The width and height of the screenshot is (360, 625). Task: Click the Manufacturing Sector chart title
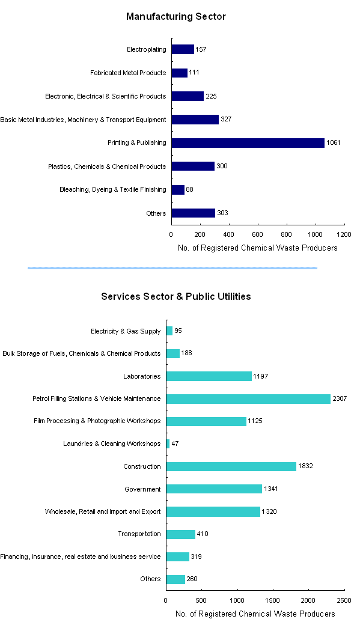pyautogui.click(x=175, y=17)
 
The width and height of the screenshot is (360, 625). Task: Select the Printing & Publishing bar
pyautogui.click(x=248, y=143)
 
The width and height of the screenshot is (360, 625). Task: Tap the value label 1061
pyautogui.click(x=333, y=143)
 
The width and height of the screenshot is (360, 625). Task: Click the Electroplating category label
pyautogui.click(x=146, y=49)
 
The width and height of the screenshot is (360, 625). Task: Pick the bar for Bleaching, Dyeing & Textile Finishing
pyautogui.click(x=177, y=190)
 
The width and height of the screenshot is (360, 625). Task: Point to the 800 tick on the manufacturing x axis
pyautogui.click(x=287, y=234)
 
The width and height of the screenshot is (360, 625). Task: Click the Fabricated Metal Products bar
pyautogui.click(x=179, y=73)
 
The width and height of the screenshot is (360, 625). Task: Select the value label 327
pyautogui.click(x=226, y=120)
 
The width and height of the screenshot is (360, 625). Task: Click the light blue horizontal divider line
pyautogui.click(x=172, y=268)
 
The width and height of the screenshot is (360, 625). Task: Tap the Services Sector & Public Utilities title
pyautogui.click(x=175, y=296)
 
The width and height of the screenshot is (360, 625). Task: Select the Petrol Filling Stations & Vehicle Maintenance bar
pyautogui.click(x=248, y=398)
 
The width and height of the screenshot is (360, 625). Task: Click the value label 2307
pyautogui.click(x=340, y=398)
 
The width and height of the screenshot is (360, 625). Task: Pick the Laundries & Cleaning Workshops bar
pyautogui.click(x=168, y=444)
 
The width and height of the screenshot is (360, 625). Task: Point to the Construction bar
pyautogui.click(x=231, y=466)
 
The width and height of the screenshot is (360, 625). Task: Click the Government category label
pyautogui.click(x=142, y=489)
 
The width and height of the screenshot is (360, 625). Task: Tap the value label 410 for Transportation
pyautogui.click(x=203, y=534)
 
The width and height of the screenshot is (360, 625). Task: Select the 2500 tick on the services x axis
pyautogui.click(x=344, y=600)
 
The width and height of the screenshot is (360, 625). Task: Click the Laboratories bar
pyautogui.click(x=209, y=376)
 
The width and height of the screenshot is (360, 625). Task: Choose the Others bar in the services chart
pyautogui.click(x=175, y=579)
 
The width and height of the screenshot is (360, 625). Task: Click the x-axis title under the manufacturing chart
pyautogui.click(x=258, y=248)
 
